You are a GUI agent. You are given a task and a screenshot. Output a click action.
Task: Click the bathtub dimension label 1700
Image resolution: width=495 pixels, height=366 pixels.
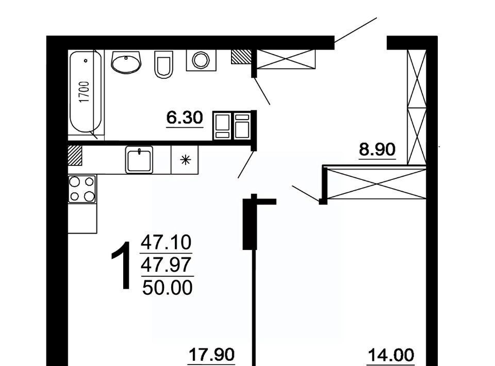click(x=84, y=92)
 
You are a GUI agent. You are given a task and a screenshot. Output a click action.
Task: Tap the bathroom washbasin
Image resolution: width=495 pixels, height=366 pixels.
click(x=126, y=62)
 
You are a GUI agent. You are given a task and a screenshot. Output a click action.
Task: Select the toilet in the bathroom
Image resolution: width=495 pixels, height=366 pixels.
click(x=164, y=64)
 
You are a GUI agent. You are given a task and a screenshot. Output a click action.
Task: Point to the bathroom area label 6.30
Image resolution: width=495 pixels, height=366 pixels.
click(x=185, y=118)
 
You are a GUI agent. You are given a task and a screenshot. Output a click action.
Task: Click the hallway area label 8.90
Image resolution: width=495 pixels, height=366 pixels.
click(x=377, y=149)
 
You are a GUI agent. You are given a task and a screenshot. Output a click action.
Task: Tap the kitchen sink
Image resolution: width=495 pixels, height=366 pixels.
click(x=139, y=160)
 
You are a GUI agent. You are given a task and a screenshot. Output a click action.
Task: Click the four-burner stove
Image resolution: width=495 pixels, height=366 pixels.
click(x=82, y=189)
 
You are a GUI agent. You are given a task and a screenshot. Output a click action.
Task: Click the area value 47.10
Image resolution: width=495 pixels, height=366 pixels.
click(x=166, y=242)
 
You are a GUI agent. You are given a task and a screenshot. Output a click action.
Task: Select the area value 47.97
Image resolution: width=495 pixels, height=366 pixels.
click(x=166, y=264)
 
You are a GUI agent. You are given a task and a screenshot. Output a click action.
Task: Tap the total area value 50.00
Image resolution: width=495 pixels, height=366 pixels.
click(x=167, y=288)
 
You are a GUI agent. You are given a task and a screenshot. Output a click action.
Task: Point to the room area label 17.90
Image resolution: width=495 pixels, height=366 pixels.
click(x=211, y=354)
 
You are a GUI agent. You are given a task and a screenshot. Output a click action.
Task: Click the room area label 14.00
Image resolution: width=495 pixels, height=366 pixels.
click(x=391, y=355)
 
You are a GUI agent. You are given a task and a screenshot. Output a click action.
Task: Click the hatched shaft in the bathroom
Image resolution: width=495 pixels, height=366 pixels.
click(x=241, y=57)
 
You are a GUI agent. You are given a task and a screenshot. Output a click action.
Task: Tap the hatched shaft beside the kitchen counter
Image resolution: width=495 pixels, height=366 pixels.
click(x=75, y=155)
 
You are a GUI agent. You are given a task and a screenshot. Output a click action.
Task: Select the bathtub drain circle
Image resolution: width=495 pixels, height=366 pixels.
click(x=86, y=61)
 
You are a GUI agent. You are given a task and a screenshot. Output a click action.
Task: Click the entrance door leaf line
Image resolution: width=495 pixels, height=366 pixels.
click(x=356, y=29)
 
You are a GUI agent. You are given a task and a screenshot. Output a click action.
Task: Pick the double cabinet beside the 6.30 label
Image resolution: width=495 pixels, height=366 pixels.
click(x=232, y=126)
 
